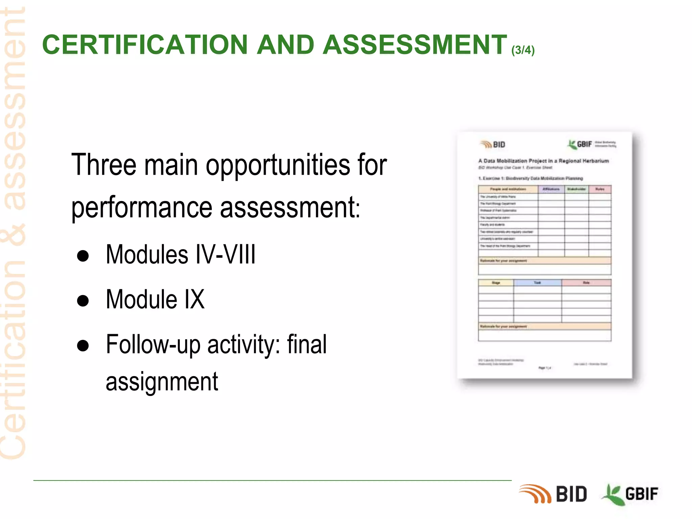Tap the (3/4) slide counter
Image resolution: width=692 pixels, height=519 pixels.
(x=523, y=50)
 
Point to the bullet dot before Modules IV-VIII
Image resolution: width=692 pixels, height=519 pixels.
(x=83, y=256)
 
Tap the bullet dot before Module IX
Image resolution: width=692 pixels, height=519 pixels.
(x=83, y=300)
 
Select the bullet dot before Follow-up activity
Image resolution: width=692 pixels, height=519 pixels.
(x=83, y=346)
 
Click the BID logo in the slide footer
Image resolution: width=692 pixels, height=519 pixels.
(x=553, y=494)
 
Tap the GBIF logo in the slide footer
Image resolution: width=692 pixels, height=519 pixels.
(x=630, y=494)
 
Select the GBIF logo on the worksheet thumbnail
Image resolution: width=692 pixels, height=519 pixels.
(x=580, y=144)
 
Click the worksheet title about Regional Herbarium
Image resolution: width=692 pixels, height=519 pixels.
(x=543, y=161)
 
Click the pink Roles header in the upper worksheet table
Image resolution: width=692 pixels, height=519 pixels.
(x=600, y=189)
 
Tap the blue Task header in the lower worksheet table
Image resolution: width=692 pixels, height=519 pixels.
(x=537, y=282)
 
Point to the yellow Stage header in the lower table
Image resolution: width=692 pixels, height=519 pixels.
(x=496, y=282)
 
